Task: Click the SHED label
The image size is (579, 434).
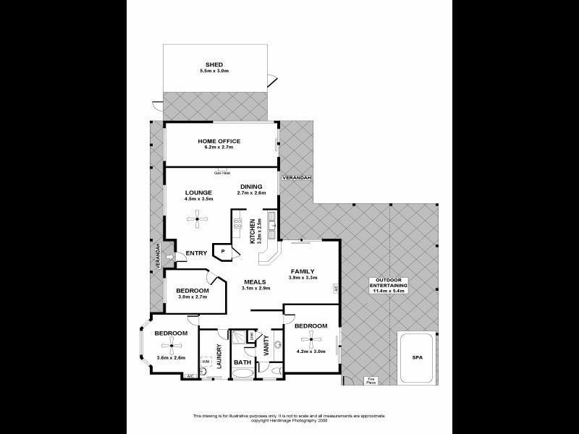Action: [x=214, y=64]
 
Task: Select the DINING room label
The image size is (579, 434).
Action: [x=251, y=187]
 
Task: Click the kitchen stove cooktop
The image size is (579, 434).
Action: [x=237, y=225]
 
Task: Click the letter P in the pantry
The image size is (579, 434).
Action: [x=224, y=251]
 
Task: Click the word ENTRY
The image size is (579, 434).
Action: [x=197, y=252]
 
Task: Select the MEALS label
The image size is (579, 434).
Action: [x=255, y=281]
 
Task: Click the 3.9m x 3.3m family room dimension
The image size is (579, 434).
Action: [x=303, y=278]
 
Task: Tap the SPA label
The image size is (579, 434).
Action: [x=416, y=357]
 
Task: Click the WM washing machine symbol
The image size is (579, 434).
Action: [x=206, y=361]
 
